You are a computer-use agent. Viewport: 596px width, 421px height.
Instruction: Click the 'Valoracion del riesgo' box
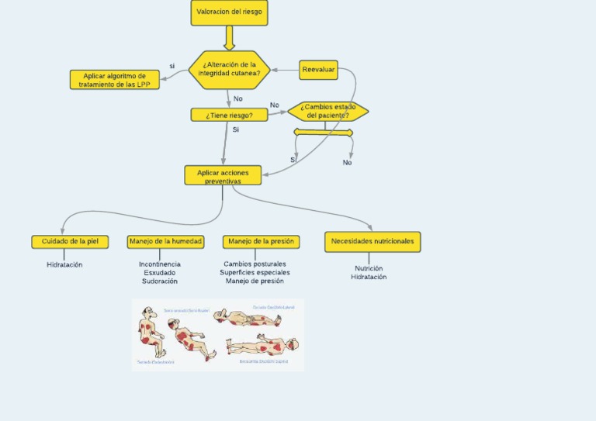(x=229, y=12)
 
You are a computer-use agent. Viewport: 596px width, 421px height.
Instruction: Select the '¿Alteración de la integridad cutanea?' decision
(x=229, y=69)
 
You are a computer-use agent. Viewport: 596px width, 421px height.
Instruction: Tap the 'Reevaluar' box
(x=318, y=70)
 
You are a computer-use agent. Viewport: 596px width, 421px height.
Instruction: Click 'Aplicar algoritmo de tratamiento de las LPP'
(x=115, y=80)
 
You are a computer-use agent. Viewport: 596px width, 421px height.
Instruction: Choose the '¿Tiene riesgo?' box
(x=229, y=115)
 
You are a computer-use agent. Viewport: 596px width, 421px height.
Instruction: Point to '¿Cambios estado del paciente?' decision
(x=327, y=111)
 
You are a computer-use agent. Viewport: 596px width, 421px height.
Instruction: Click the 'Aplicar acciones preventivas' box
(x=223, y=175)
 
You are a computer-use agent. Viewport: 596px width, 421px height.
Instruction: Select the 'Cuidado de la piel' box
(x=70, y=242)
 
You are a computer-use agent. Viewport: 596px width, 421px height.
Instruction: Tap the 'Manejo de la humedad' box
(x=166, y=242)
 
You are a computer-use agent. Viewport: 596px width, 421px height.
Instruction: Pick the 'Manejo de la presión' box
(x=261, y=242)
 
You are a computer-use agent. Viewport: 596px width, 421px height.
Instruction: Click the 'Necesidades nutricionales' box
(x=372, y=242)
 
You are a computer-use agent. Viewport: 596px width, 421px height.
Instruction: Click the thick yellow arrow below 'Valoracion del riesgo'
(x=229, y=38)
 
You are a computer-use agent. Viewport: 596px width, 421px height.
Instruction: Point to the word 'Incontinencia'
(x=160, y=264)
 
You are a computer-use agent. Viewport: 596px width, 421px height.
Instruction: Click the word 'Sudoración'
(x=160, y=281)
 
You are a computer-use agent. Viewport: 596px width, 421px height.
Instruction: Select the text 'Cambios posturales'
(x=255, y=264)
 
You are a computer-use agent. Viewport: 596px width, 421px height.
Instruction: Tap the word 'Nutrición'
(x=369, y=268)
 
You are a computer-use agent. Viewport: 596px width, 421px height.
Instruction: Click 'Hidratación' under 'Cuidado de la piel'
(x=64, y=265)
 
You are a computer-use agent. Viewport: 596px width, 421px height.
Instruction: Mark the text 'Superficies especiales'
(x=255, y=273)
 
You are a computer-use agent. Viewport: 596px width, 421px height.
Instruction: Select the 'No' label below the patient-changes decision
(x=347, y=163)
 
